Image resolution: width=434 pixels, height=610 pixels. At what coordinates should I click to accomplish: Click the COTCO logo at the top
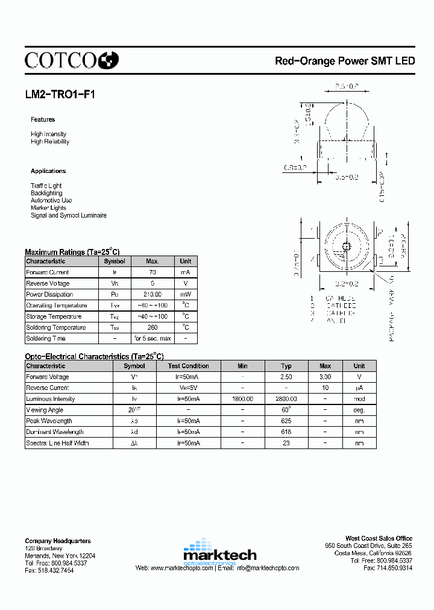pyautogui.click(x=72, y=60)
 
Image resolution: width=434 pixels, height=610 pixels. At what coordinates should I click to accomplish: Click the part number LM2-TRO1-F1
pyautogui.click(x=60, y=95)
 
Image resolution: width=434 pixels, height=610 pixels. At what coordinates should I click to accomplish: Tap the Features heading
pyautogui.click(x=43, y=119)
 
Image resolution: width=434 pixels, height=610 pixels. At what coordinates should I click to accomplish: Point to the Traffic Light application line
pyautogui.click(x=46, y=186)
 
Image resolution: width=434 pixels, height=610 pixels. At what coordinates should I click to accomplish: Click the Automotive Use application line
pyautogui.click(x=51, y=200)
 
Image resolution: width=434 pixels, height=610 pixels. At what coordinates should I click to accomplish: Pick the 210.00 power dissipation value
pyautogui.click(x=153, y=295)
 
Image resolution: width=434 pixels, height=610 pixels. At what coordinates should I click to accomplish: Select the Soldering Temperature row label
pyautogui.click(x=55, y=327)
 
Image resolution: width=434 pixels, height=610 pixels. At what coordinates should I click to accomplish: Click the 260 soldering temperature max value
pyautogui.click(x=153, y=327)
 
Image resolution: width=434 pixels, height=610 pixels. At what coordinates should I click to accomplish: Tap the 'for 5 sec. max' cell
pyautogui.click(x=153, y=338)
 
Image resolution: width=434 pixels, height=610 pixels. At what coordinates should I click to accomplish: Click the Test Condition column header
pyautogui.click(x=188, y=366)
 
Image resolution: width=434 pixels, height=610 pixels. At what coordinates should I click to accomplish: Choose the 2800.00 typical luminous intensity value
pyautogui.click(x=286, y=399)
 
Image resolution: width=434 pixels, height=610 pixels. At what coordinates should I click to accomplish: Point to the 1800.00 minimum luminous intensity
pyautogui.click(x=242, y=399)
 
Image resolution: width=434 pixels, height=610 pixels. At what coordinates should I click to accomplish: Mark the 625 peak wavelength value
pyautogui.click(x=286, y=421)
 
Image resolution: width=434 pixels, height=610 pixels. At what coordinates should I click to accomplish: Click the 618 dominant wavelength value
pyautogui.click(x=286, y=432)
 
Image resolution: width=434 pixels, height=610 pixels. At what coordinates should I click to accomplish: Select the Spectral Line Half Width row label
pyautogui.click(x=57, y=443)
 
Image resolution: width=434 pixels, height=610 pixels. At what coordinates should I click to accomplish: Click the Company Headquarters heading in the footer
pyautogui.click(x=58, y=541)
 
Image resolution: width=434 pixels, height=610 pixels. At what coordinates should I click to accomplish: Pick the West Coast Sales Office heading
pyautogui.click(x=379, y=538)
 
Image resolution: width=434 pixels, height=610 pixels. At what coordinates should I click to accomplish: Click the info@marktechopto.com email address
pyautogui.click(x=268, y=568)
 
